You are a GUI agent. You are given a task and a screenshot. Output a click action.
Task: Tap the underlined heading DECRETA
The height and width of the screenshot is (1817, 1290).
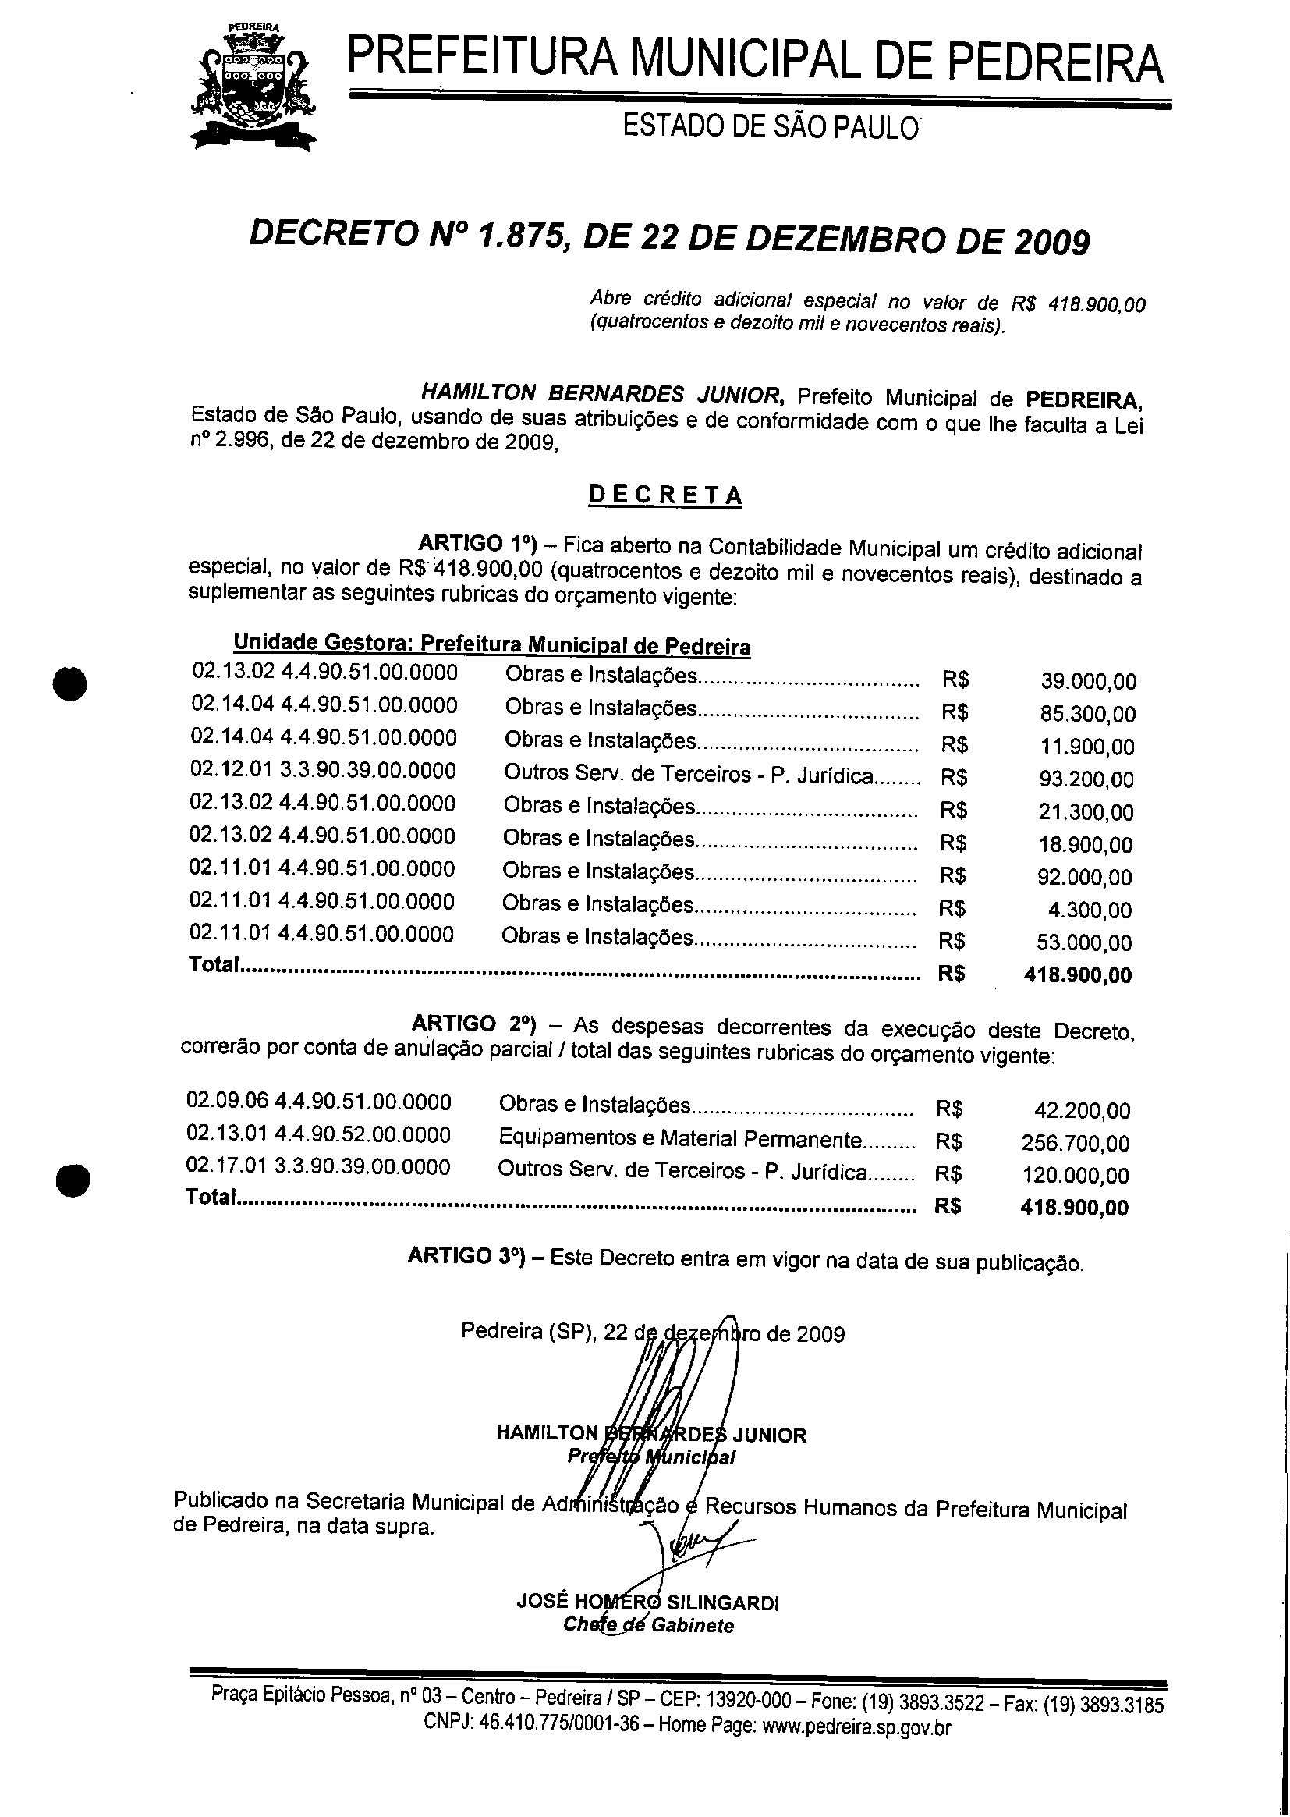(664, 495)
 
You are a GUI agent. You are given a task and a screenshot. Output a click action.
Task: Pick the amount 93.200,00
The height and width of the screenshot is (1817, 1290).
(1086, 779)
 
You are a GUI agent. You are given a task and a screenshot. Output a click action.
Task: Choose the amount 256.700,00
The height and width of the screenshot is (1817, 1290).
(1075, 1143)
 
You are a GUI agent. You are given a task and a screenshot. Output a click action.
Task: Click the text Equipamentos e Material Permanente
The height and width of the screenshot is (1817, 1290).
(680, 1139)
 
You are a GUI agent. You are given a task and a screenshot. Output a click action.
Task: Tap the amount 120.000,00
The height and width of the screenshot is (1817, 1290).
(1075, 1176)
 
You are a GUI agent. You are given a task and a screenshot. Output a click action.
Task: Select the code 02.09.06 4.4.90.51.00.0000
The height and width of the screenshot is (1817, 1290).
(318, 1102)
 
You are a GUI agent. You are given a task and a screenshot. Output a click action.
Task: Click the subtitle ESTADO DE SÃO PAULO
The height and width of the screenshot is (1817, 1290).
(770, 127)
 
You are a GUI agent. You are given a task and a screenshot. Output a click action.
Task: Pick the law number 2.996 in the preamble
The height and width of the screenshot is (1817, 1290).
(240, 442)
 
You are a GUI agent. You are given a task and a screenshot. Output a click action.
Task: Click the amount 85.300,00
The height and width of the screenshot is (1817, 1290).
(1087, 715)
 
